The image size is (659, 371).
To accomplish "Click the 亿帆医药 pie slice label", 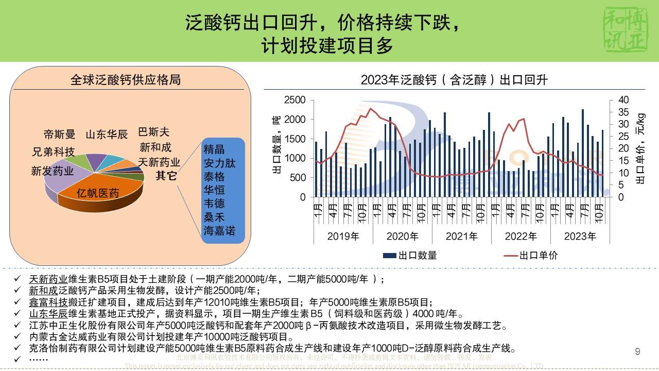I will pyautogui.click(x=98, y=193).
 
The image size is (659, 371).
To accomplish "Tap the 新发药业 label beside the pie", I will pyautogui.click(x=52, y=171).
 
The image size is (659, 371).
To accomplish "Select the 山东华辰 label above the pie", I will pyautogui.click(x=107, y=135).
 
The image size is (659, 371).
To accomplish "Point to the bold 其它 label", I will pyautogui.click(x=166, y=176).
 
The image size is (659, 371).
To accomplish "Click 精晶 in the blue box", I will pyautogui.click(x=214, y=150).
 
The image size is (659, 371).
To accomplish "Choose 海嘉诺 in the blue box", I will pyautogui.click(x=219, y=231).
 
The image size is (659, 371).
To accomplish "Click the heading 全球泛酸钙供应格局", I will pyautogui.click(x=126, y=80).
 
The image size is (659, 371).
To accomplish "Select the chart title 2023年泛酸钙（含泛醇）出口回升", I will pyautogui.click(x=454, y=80).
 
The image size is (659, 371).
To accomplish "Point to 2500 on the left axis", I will pyautogui.click(x=295, y=100).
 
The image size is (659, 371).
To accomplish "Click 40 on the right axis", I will pyautogui.click(x=623, y=100).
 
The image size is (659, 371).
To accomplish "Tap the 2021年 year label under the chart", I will pyautogui.click(x=462, y=237).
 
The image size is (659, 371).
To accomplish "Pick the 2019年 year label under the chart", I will pyautogui.click(x=343, y=237).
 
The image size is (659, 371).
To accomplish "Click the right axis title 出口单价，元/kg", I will pyautogui.click(x=641, y=148).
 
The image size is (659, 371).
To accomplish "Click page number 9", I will pyautogui.click(x=638, y=352).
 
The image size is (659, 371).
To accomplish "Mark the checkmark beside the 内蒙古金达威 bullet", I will pyautogui.click(x=18, y=337).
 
